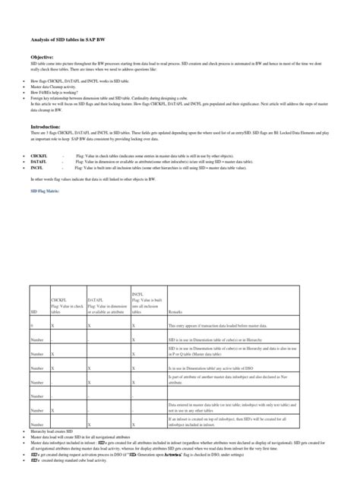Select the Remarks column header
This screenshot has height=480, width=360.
click(x=176, y=311)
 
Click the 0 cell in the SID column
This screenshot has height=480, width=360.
click(x=31, y=325)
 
